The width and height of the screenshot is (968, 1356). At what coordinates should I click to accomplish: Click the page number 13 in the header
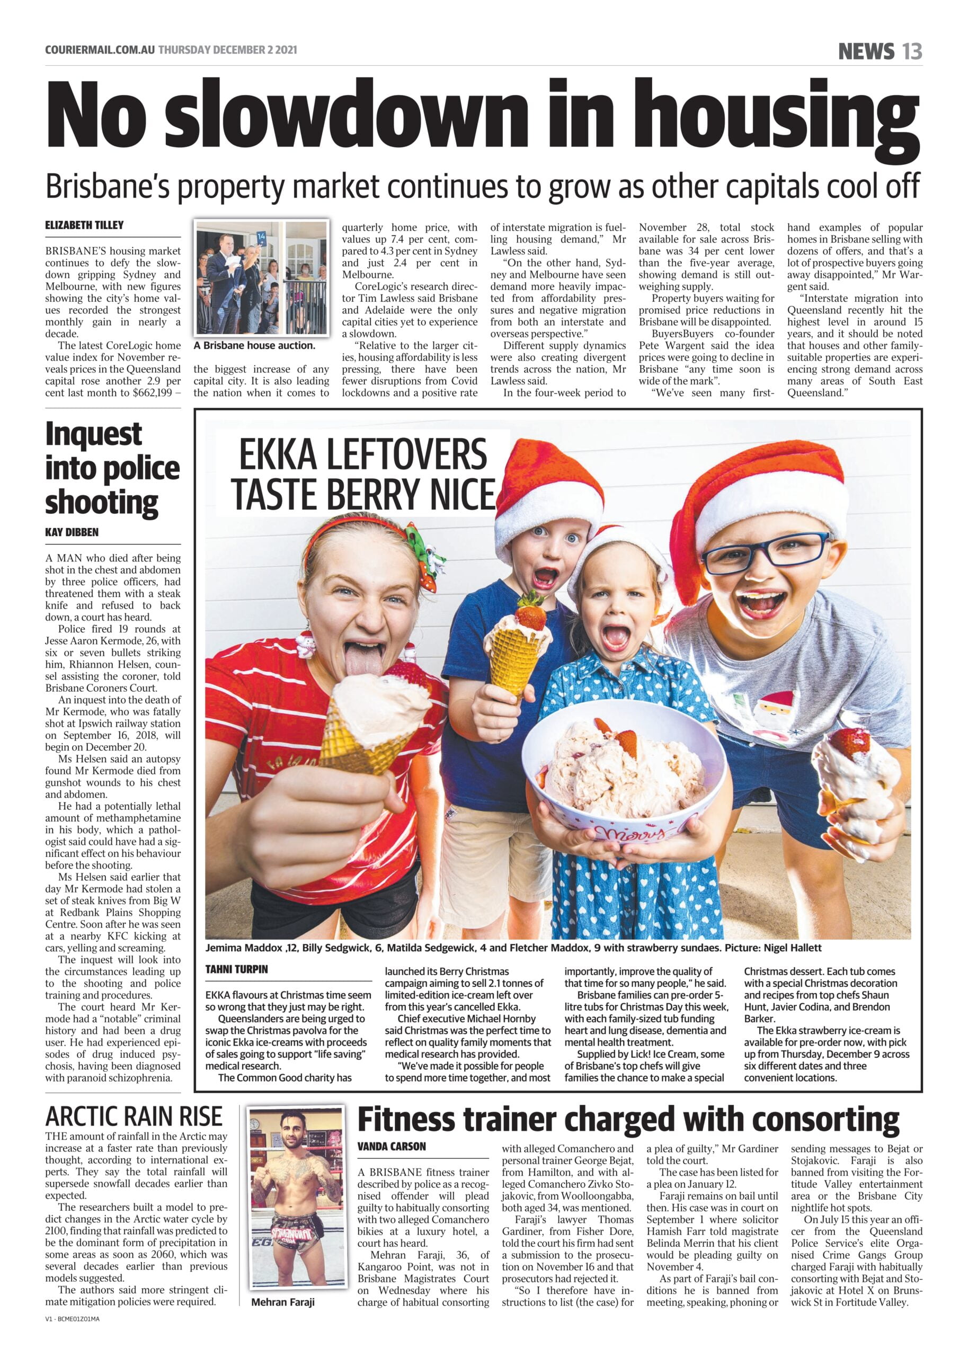pyautogui.click(x=912, y=51)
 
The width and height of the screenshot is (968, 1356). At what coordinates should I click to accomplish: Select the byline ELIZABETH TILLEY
pyautogui.click(x=85, y=225)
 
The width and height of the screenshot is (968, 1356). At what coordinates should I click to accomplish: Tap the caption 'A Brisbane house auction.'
pyautogui.click(x=254, y=345)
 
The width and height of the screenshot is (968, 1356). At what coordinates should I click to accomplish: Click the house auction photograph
pyautogui.click(x=262, y=278)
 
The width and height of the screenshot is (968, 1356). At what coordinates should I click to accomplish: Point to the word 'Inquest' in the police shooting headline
pyautogui.click(x=94, y=434)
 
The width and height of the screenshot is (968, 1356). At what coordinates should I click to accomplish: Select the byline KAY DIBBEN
pyautogui.click(x=72, y=532)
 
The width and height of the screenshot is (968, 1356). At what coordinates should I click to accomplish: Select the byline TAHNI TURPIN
pyautogui.click(x=237, y=969)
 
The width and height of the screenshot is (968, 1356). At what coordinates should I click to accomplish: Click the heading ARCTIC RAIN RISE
pyautogui.click(x=134, y=1116)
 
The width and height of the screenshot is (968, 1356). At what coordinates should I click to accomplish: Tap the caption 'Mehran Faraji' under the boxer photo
pyautogui.click(x=282, y=1302)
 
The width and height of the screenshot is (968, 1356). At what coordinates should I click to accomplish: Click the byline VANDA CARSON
pyautogui.click(x=392, y=1146)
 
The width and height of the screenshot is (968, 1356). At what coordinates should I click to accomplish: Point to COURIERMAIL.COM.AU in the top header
pyautogui.click(x=100, y=50)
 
